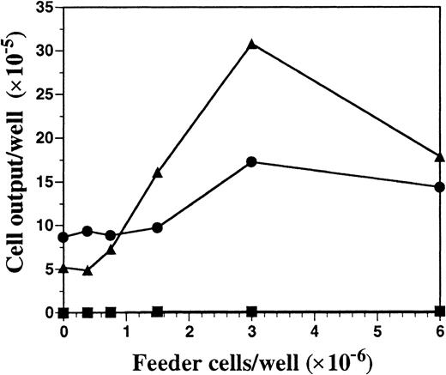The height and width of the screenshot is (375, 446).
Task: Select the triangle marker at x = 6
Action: (x=440, y=156)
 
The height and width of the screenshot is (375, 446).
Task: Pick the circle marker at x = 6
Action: (x=440, y=186)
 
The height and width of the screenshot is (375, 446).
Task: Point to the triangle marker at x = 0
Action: (x=63, y=268)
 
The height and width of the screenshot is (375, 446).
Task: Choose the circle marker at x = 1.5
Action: (x=158, y=227)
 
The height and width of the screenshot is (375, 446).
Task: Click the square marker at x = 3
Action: (x=252, y=311)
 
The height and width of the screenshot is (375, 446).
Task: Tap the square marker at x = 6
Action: (x=440, y=311)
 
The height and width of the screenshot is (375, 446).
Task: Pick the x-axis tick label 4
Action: (x=315, y=330)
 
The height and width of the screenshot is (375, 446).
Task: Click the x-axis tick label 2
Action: (x=190, y=330)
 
